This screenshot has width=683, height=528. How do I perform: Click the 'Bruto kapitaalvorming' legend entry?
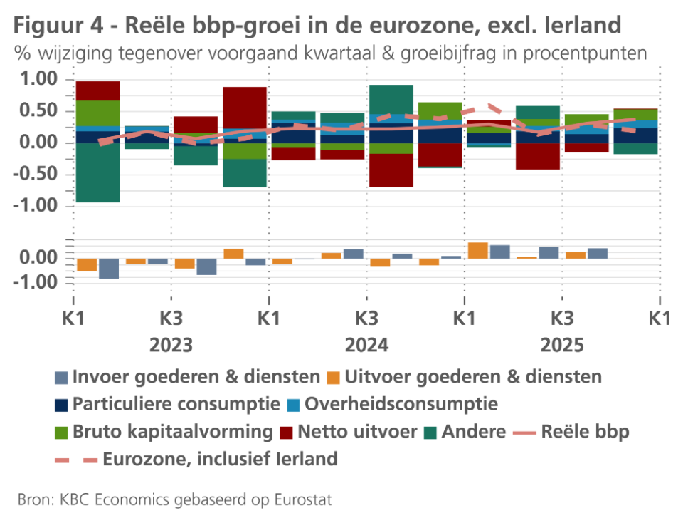173,431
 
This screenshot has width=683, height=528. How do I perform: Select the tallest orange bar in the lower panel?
477,251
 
